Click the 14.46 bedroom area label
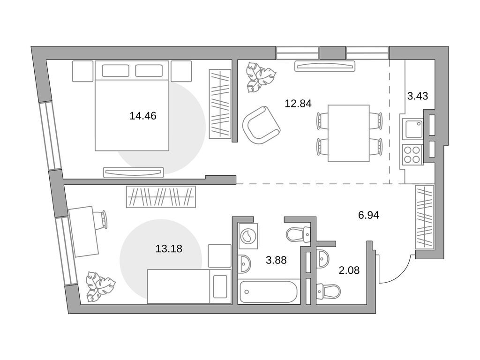coord(143,116)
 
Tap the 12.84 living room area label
coord(298,104)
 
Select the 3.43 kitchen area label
coord(418,96)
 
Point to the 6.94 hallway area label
coord(368,215)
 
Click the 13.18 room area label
coord(169,248)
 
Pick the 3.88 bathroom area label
coord(276,260)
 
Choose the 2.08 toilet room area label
coord(349,270)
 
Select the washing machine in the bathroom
coord(248,236)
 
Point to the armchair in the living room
coord(261,125)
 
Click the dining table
coord(349,133)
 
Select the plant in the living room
coord(261,77)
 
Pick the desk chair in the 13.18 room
coord(102,219)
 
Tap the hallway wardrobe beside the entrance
coord(425,217)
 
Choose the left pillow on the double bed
coord(115,70)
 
